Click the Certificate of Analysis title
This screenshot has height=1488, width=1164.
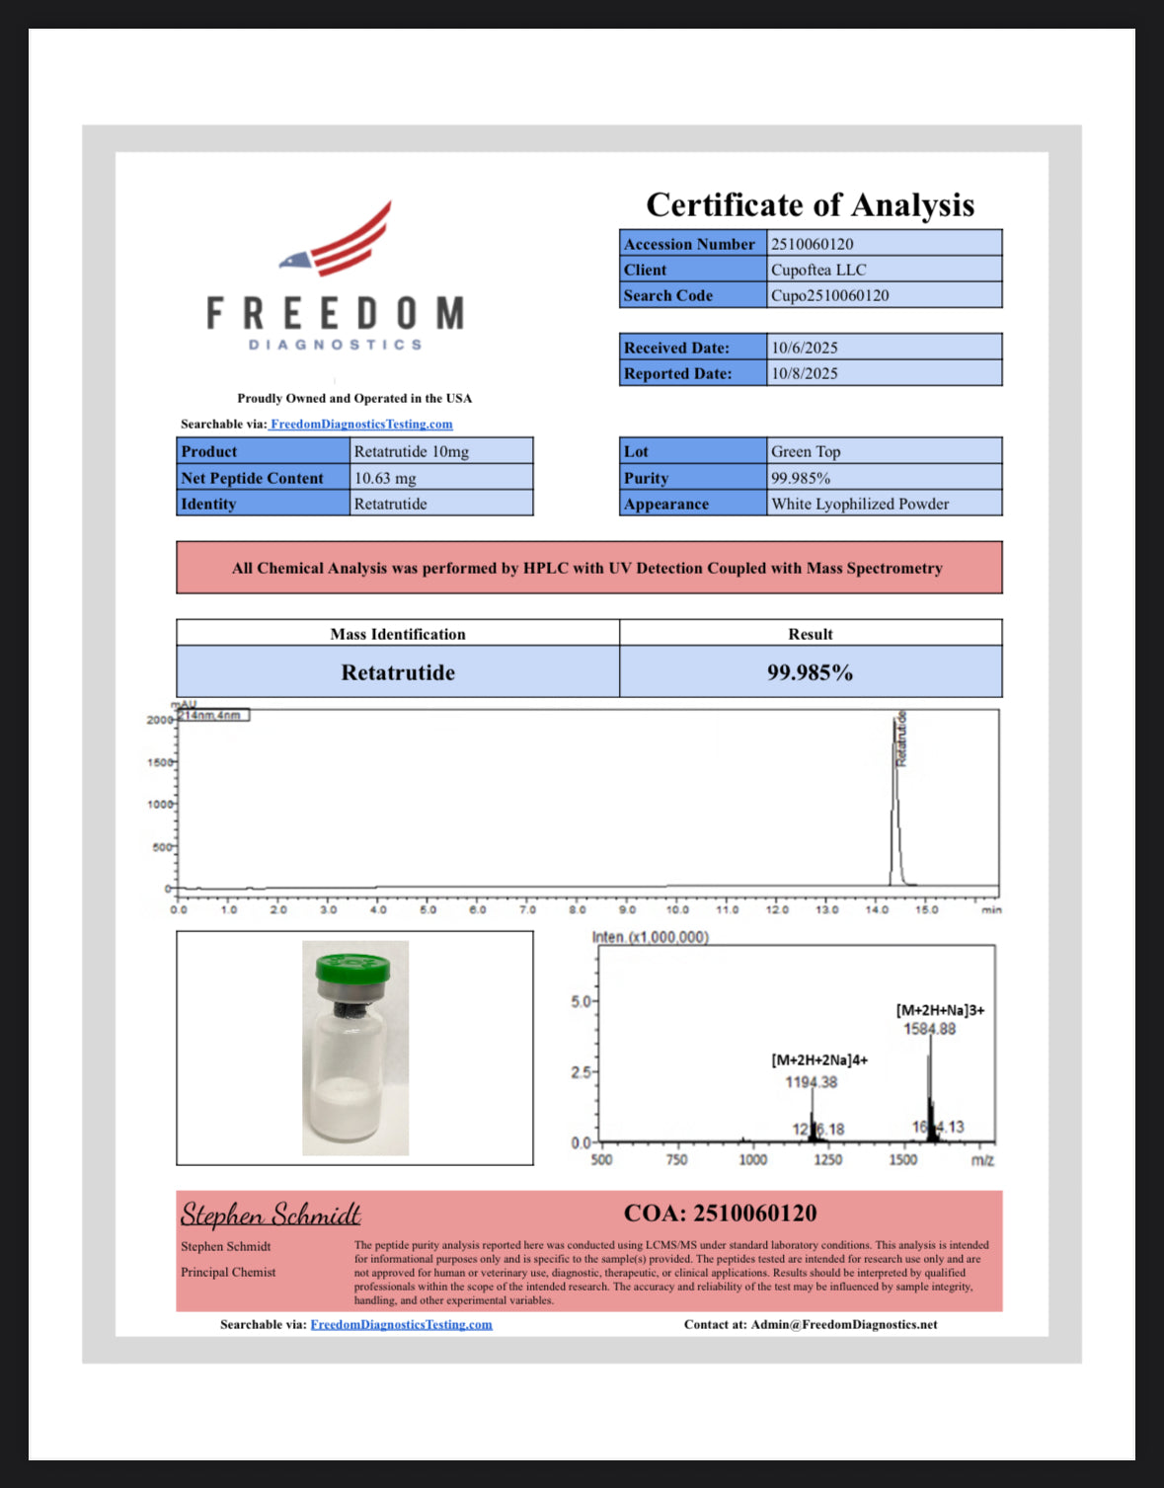810,204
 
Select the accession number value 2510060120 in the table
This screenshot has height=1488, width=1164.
813,244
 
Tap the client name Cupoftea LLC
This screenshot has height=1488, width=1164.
818,270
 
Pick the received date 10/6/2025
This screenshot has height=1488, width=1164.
805,348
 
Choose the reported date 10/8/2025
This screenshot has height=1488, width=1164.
805,373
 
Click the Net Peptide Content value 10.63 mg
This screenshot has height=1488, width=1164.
385,478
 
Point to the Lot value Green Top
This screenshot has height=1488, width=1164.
806,451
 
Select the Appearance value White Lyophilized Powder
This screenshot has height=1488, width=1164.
860,504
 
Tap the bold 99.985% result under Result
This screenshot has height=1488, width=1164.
810,672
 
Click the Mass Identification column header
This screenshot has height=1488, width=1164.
397,634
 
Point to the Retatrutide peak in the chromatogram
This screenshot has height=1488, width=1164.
895,790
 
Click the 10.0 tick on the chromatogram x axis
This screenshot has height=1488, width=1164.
677,909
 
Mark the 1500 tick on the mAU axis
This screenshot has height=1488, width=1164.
160,762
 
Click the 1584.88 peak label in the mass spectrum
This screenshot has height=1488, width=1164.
930,1029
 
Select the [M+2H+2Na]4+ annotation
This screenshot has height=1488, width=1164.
819,1059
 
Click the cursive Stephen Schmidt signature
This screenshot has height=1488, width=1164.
271,1214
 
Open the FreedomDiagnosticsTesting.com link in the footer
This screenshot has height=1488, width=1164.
401,1324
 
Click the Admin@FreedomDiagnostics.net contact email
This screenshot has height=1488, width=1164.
844,1324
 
